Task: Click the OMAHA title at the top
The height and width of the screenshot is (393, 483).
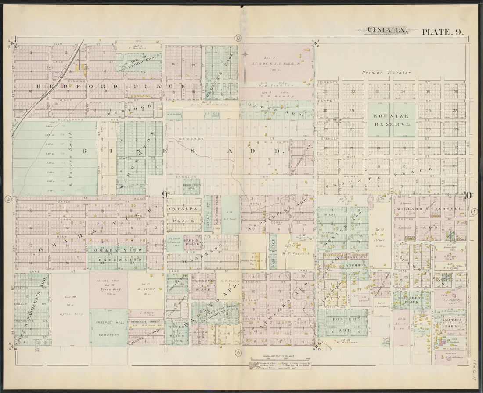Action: click(381, 30)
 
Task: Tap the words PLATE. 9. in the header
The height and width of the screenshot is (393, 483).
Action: click(442, 32)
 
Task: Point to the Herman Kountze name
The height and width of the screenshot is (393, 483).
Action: click(386, 72)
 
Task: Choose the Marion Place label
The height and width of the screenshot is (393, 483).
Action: click(192, 242)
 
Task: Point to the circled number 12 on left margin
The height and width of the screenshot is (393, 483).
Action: click(7, 199)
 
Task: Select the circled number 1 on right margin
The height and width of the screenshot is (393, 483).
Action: click(475, 212)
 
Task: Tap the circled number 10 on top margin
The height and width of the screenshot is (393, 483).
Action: click(238, 38)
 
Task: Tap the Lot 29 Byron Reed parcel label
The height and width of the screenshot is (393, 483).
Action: click(69, 305)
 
